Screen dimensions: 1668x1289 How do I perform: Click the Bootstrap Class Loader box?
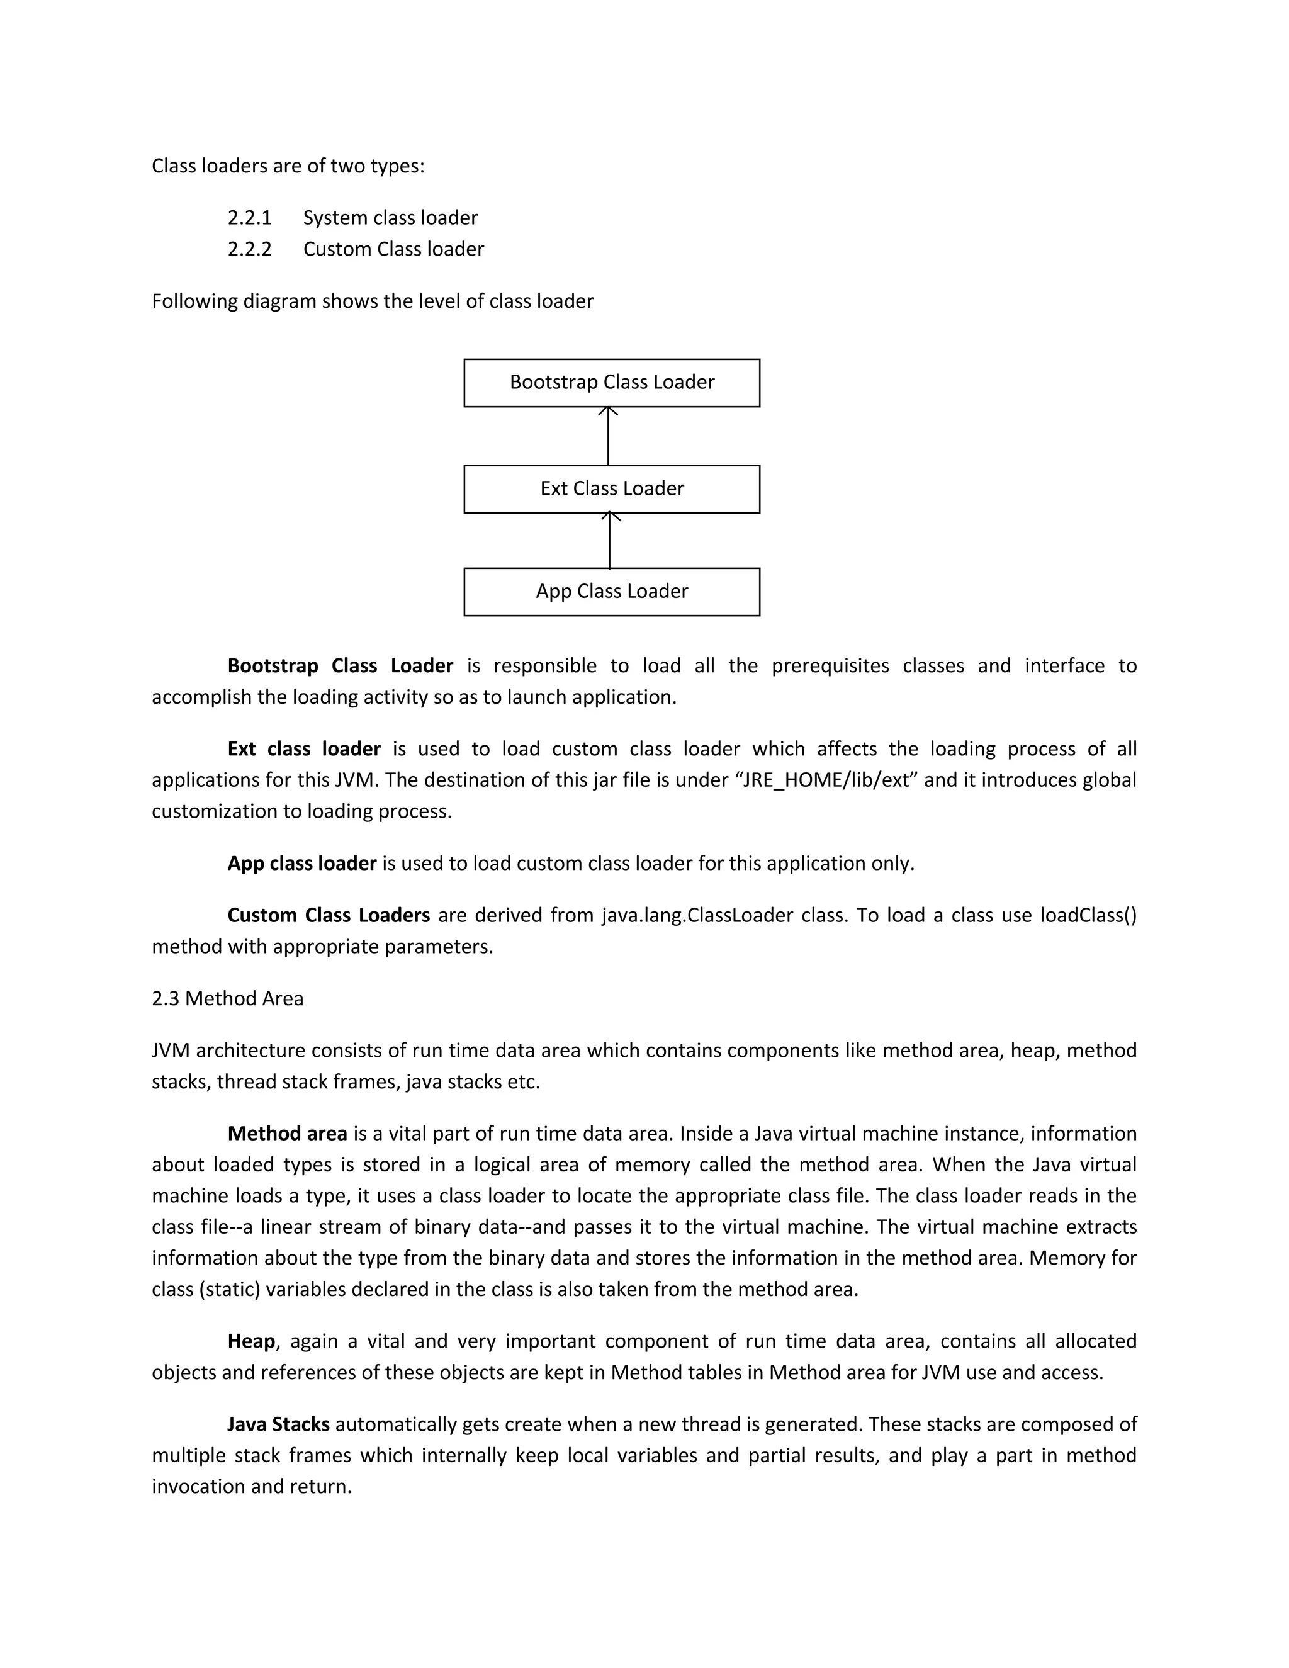(612, 383)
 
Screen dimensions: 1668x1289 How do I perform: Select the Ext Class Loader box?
(612, 489)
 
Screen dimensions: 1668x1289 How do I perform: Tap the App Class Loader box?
(612, 592)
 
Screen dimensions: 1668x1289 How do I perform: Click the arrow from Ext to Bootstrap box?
(608, 436)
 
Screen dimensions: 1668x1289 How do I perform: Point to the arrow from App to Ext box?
(609, 541)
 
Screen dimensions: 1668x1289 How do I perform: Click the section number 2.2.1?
(250, 218)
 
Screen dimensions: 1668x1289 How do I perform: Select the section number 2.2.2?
(250, 250)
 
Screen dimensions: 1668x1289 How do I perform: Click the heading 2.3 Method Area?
(228, 999)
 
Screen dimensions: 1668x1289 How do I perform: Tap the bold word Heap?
(251, 1342)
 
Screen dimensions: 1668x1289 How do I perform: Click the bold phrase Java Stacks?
(279, 1425)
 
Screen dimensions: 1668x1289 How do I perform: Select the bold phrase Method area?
(287, 1134)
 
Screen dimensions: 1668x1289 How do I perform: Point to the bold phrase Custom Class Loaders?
(329, 916)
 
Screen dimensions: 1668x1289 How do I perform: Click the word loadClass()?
(1088, 916)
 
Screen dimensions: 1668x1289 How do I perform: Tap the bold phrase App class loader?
(301, 864)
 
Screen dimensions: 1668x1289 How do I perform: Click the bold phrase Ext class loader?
(304, 749)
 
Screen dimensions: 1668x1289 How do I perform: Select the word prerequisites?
(830, 666)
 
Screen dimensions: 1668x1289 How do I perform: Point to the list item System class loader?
(390, 218)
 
